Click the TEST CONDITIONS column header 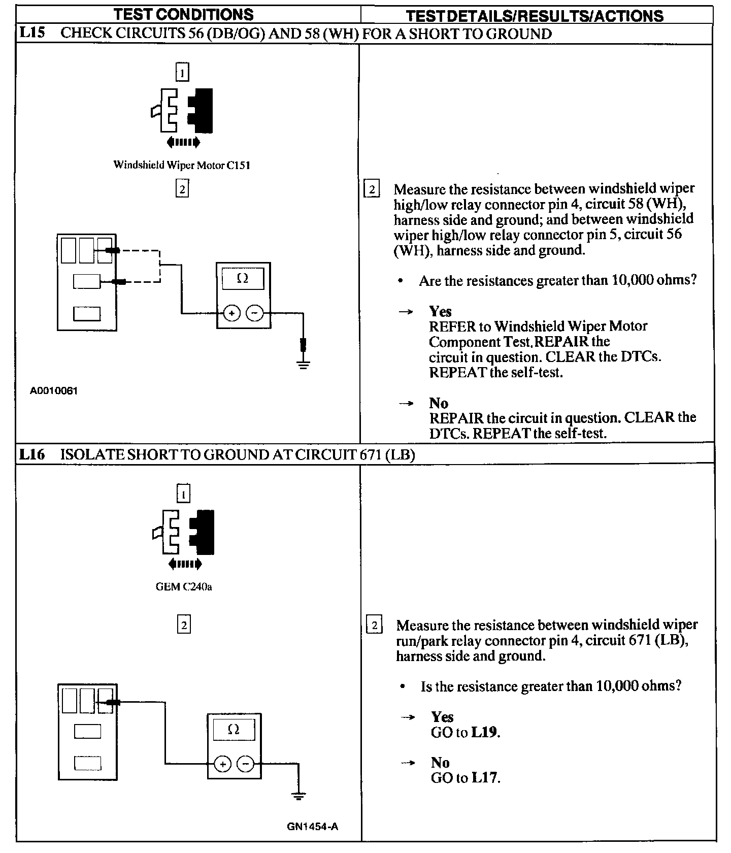[183, 14]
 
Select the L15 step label [32, 34]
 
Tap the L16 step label [32, 454]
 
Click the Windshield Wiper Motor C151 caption [182, 165]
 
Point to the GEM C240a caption [184, 587]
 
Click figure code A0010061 [53, 391]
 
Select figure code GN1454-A [313, 827]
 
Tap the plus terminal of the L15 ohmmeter [231, 313]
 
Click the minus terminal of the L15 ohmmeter [255, 313]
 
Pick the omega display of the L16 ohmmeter [234, 730]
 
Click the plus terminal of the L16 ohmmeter [222, 764]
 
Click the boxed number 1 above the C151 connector [182, 72]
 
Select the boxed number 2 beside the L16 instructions [374, 625]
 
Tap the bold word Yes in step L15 [440, 311]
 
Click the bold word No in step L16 [440, 763]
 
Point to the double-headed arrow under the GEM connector [184, 564]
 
